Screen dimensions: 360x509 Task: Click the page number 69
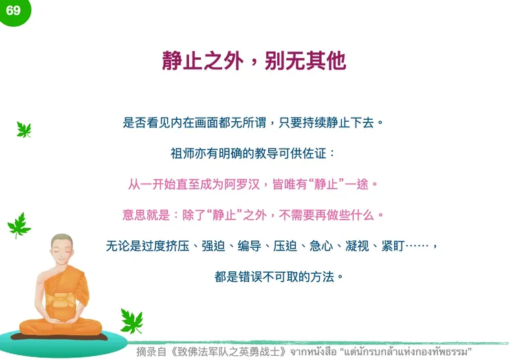[x=13, y=10]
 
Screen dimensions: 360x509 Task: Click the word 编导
[x=246, y=246]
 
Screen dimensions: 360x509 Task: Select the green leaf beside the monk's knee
[x=131, y=320]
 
